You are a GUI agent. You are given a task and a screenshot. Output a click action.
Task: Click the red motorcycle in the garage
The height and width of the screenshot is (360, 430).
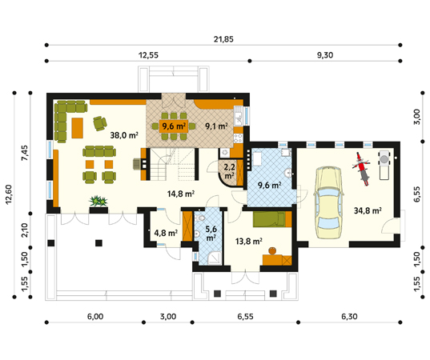coord(362,169)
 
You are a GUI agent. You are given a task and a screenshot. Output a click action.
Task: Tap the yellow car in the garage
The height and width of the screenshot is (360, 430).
coord(328,202)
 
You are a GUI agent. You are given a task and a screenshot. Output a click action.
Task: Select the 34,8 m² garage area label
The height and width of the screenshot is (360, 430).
coord(368,210)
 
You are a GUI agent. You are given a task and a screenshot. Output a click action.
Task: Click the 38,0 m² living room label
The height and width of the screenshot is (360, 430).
coord(124,134)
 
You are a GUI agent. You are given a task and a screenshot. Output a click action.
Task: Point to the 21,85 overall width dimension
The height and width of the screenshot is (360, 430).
coord(223,39)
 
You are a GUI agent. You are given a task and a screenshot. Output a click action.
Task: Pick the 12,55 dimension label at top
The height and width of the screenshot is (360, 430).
coord(148,55)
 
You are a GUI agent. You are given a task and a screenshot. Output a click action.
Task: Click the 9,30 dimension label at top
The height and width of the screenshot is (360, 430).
coord(325,55)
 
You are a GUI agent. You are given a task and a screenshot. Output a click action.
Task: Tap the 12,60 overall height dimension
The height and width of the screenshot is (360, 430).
coord(9,194)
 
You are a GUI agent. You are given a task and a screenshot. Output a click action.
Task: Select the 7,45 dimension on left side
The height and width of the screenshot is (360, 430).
coord(25,153)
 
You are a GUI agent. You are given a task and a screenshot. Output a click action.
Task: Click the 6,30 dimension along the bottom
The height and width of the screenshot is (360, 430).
coord(349,317)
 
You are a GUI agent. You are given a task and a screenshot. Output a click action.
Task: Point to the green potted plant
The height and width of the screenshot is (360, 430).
coord(98,201)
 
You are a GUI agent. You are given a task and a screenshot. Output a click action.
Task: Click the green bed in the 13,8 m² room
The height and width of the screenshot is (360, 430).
coord(272,219)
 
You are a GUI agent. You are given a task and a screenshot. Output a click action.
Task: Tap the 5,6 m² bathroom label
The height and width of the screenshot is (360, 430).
coord(211,233)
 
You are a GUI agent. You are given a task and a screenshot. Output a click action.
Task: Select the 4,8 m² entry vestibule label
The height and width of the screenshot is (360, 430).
coord(166,233)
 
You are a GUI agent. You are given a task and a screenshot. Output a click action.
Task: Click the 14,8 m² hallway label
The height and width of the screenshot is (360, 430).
coord(181,194)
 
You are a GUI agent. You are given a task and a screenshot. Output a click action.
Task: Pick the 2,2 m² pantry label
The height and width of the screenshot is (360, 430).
coord(229,171)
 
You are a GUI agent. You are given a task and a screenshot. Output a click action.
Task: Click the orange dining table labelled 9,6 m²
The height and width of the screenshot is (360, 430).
coord(174,126)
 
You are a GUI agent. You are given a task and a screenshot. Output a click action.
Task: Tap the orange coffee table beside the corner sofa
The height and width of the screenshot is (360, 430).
coord(78,128)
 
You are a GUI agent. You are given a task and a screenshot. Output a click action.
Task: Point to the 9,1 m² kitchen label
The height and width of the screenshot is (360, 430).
coord(216,126)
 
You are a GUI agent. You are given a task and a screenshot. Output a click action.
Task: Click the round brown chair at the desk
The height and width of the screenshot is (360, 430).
coord(272,250)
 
